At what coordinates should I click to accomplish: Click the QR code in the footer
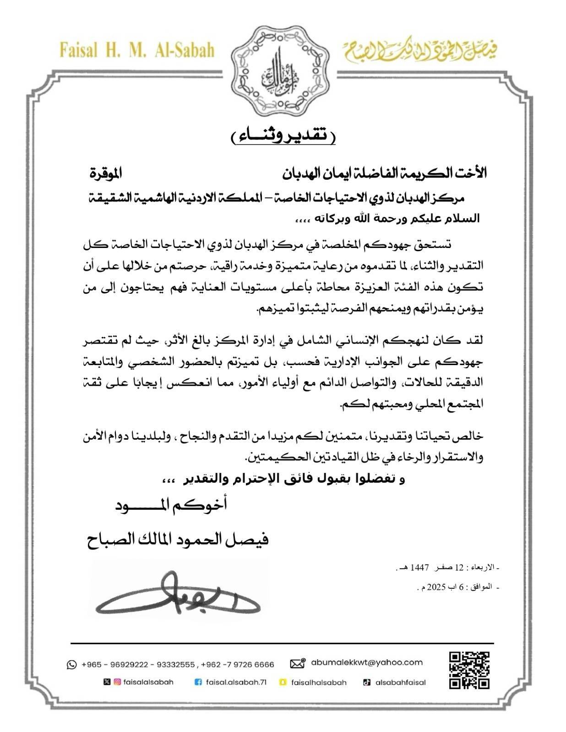coord(469,670)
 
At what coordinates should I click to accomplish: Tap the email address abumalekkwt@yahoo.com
coord(366,662)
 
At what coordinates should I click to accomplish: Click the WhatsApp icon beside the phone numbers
coord(71,664)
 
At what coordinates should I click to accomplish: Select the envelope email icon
coord(298,663)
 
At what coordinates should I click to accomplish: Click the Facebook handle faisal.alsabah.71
coord(236,682)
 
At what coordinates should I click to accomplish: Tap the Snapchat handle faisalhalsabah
coord(318,682)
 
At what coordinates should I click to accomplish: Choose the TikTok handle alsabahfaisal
coord(400,682)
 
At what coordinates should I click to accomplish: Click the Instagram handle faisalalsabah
coord(148,682)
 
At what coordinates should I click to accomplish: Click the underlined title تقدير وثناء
coord(283,136)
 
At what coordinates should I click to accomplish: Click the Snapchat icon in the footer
coord(283,682)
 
